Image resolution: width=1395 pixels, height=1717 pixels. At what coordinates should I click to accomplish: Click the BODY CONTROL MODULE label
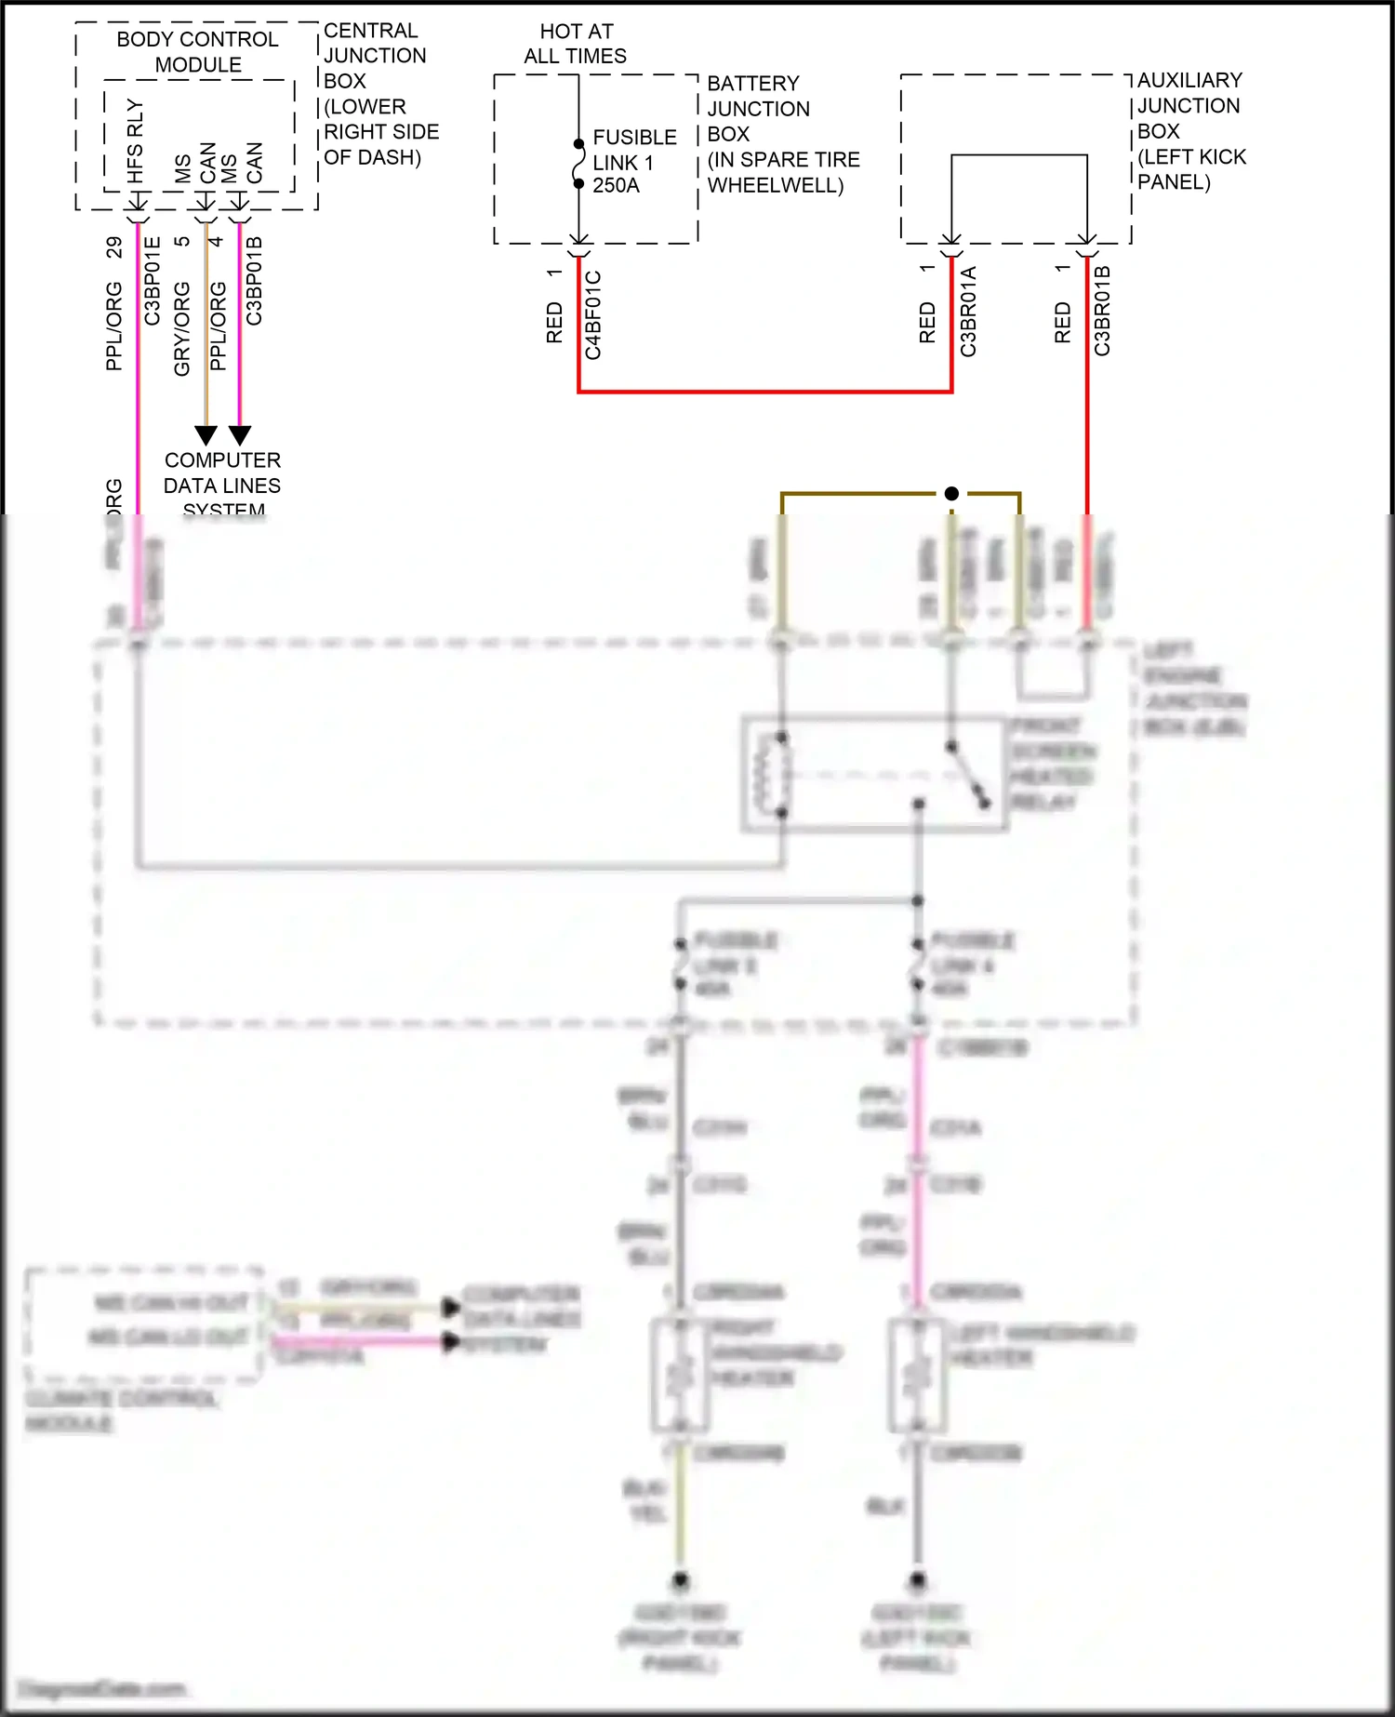(197, 52)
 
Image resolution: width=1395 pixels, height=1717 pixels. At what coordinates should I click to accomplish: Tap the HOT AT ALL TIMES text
(576, 44)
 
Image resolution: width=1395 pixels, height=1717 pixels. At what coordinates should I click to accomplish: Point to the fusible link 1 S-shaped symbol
(578, 164)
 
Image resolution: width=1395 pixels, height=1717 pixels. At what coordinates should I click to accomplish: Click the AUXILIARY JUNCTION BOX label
(1190, 130)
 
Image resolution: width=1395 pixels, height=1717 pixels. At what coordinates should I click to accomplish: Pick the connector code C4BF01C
(593, 315)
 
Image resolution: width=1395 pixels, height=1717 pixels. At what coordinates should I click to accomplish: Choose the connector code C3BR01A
(968, 312)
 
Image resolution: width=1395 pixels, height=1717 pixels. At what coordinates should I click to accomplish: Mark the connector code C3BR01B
(1102, 311)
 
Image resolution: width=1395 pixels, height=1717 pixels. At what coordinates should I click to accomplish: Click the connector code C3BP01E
(153, 281)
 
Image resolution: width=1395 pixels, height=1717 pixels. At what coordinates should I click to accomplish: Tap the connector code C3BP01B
(254, 281)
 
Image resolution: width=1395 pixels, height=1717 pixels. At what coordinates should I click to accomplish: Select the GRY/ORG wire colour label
(182, 329)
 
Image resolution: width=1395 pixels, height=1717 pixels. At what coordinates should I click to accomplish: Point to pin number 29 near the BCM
(113, 247)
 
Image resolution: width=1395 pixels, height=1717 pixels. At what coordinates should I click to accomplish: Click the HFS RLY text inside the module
(136, 141)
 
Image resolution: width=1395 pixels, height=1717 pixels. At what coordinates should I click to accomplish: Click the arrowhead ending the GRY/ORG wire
(206, 435)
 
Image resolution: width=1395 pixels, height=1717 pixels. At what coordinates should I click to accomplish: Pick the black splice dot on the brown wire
(951, 494)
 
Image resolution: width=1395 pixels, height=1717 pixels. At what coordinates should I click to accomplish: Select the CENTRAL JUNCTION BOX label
(379, 94)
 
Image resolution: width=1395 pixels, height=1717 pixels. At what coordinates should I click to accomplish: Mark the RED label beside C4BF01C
(554, 323)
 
